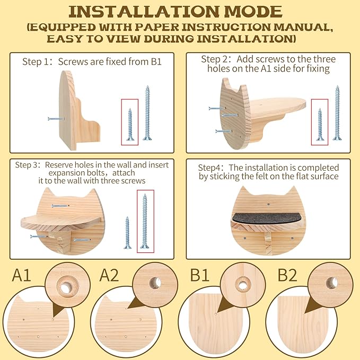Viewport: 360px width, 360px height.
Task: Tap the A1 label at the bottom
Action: (21, 275)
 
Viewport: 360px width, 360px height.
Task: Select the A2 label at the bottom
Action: (109, 275)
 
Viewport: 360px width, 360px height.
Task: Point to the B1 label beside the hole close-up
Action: (199, 275)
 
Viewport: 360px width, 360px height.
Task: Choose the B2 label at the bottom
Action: (287, 275)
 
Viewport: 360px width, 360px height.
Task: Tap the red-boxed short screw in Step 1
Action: (130, 124)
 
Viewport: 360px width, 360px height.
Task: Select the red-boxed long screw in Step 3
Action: (145, 221)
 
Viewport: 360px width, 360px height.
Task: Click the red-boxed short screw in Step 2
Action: (320, 124)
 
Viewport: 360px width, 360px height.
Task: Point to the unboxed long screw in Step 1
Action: (147, 113)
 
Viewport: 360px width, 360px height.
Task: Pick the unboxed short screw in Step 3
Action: (127, 232)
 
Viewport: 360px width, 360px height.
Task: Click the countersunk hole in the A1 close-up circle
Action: (66, 287)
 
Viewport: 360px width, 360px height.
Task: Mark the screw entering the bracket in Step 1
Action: (56, 119)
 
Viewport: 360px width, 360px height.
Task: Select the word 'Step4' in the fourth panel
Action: (208, 168)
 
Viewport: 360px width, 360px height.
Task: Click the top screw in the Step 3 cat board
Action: (60, 206)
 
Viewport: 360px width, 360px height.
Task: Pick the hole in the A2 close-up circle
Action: (155, 283)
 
